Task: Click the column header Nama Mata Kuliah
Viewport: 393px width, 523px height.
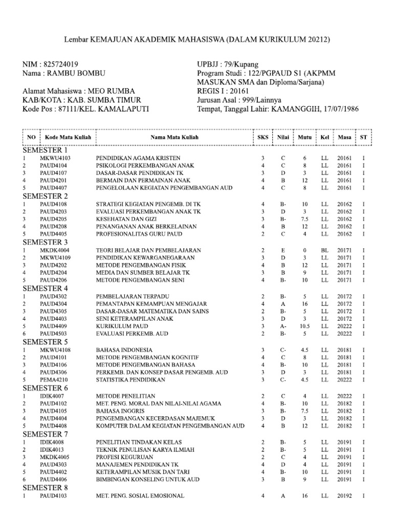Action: pyautogui.click(x=175, y=138)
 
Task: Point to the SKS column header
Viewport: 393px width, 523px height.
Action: pyautogui.click(x=263, y=138)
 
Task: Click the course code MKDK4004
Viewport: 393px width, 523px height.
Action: pyautogui.click(x=54, y=250)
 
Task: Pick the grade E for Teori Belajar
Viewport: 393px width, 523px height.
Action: pyautogui.click(x=282, y=250)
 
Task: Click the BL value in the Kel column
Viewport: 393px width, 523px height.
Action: pyautogui.click(x=324, y=250)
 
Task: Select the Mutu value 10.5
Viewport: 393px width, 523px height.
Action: pyautogui.click(x=303, y=326)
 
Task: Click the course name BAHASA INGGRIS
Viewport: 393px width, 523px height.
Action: pyautogui.click(x=116, y=410)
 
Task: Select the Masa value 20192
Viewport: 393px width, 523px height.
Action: pyautogui.click(x=344, y=495)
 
